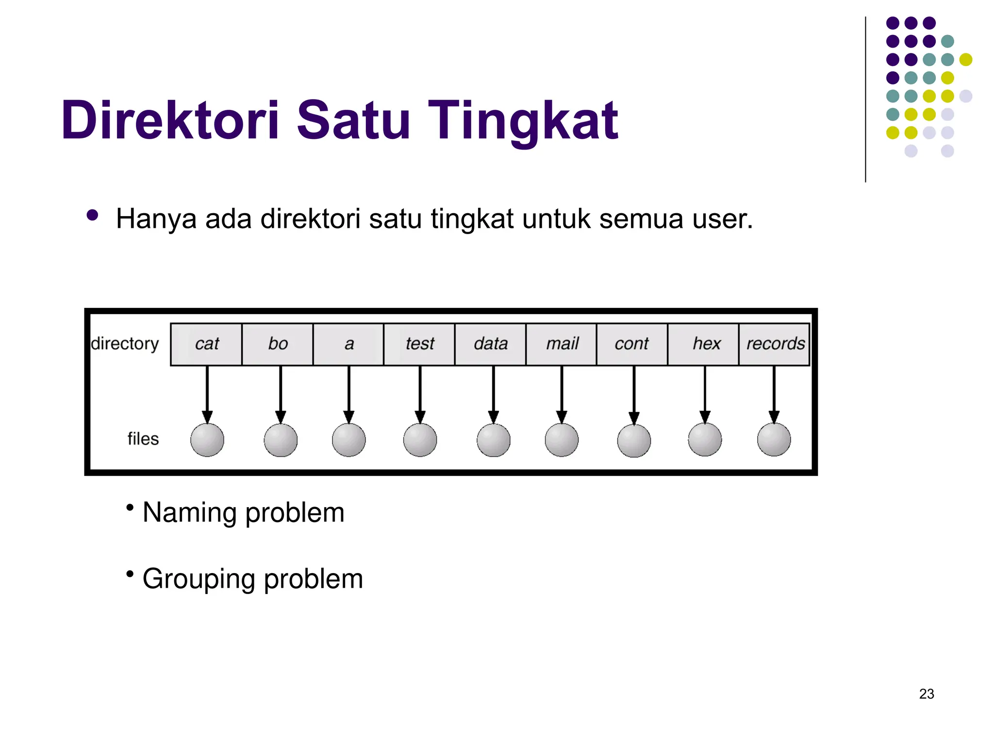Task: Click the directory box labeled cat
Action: (x=207, y=344)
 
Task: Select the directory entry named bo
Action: (x=278, y=344)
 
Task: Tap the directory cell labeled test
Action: (x=420, y=344)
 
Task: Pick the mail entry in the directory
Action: (x=562, y=344)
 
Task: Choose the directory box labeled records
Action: (x=775, y=344)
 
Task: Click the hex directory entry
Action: (x=706, y=344)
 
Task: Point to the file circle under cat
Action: (x=207, y=440)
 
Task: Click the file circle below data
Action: (x=494, y=441)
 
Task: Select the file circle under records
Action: (x=774, y=440)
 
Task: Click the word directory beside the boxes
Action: (x=125, y=344)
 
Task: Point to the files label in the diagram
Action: (x=143, y=439)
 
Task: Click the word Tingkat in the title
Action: (x=523, y=120)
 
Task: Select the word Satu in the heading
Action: (x=353, y=120)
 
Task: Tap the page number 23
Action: (x=927, y=694)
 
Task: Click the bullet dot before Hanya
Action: (x=92, y=215)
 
